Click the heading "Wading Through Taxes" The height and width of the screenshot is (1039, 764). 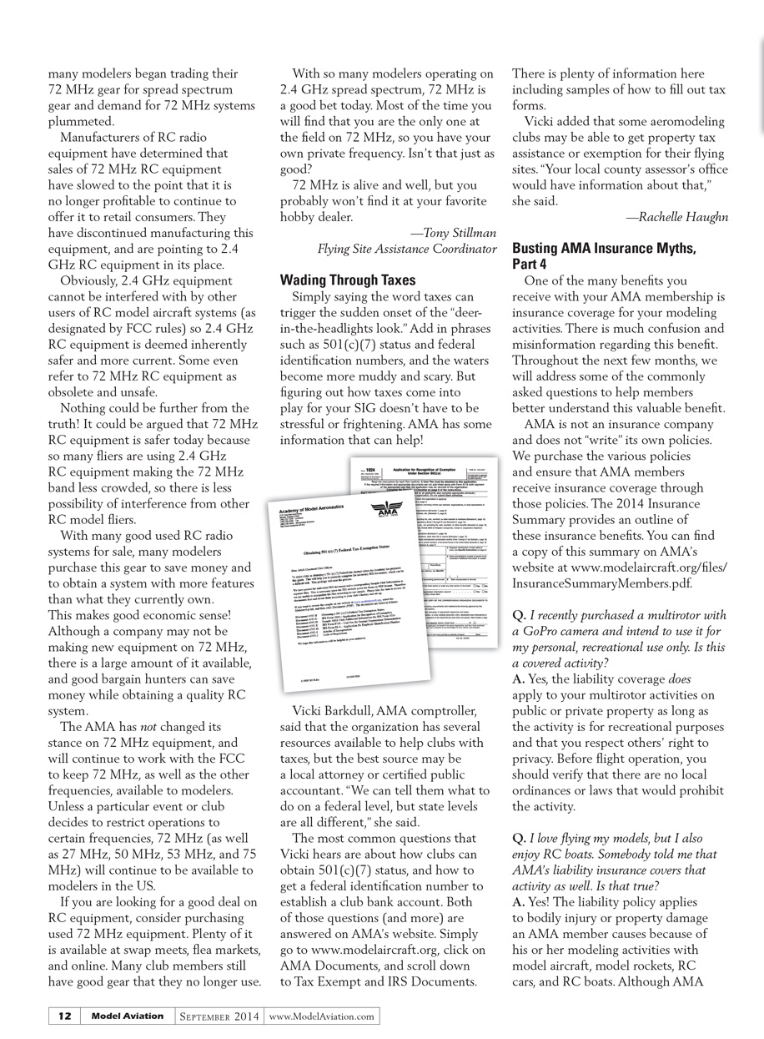pos(347,280)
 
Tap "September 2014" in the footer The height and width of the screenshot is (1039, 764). pos(219,1016)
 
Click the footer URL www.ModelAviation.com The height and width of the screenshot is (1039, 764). pos(322,1016)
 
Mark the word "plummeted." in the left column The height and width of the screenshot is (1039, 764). pos(77,121)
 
